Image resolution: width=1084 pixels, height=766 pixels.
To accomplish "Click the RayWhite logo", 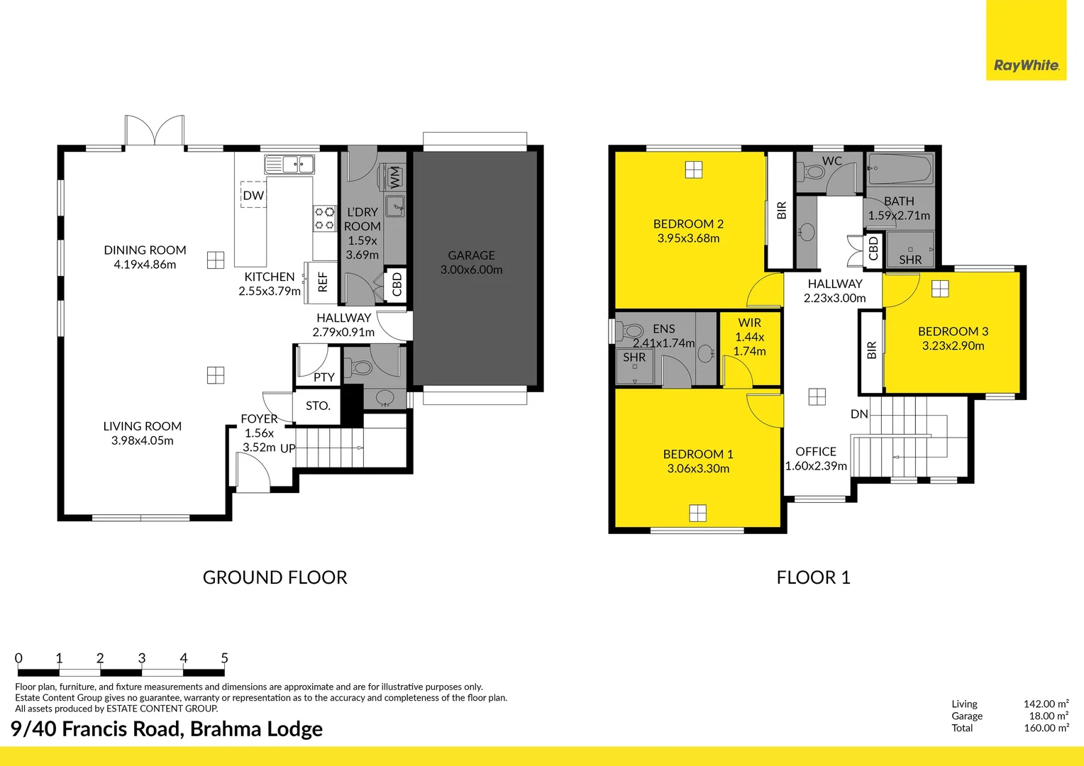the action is click(1026, 65).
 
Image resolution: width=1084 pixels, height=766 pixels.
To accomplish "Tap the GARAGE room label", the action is click(471, 255).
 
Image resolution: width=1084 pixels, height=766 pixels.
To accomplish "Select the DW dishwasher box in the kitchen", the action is click(253, 195).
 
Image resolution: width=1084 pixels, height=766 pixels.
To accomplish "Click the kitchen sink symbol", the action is click(289, 165).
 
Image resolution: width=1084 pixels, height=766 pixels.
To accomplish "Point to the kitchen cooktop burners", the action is click(325, 218).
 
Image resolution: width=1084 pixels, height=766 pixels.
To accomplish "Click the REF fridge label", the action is click(323, 282).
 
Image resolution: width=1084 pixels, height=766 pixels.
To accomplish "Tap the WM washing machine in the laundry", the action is click(394, 177).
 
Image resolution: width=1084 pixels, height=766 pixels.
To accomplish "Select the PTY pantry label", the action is click(323, 377).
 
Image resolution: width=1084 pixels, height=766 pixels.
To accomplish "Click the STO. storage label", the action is click(318, 406).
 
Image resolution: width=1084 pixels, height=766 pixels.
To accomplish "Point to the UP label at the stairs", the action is click(287, 448).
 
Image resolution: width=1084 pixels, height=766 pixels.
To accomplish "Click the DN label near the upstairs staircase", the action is click(859, 414).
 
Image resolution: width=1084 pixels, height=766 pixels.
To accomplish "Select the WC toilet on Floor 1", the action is click(813, 172).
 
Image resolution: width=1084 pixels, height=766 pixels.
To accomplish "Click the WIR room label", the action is click(749, 323).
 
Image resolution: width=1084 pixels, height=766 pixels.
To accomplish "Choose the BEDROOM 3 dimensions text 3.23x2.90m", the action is click(953, 346).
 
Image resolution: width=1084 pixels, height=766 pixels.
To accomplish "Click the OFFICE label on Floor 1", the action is click(816, 452).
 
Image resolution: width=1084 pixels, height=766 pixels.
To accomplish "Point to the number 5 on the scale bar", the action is click(224, 658).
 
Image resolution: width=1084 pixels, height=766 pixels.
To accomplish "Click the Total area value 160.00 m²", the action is click(1046, 728).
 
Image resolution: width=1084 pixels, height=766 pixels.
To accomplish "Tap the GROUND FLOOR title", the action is click(275, 577).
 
